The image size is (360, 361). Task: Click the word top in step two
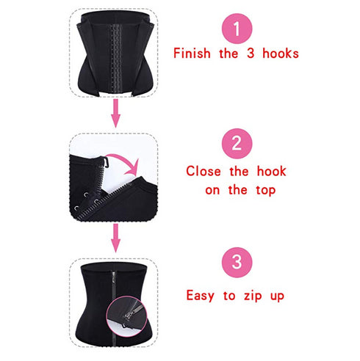(x=263, y=190)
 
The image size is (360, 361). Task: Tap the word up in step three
(x=276, y=296)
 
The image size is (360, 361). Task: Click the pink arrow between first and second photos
(x=115, y=113)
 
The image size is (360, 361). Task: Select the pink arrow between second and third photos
(x=115, y=236)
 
